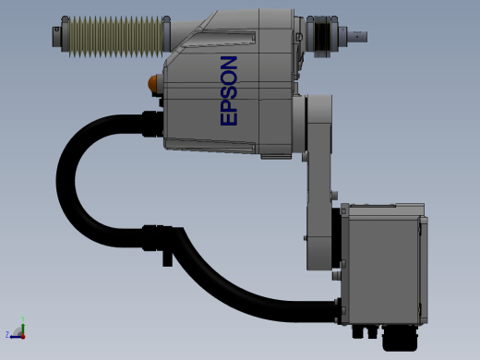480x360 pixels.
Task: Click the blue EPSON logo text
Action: [229, 90]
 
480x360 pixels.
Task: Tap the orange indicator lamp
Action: [152, 83]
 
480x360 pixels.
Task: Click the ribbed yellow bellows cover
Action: [115, 37]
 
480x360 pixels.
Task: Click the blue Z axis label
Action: [7, 334]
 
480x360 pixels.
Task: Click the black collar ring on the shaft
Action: [322, 36]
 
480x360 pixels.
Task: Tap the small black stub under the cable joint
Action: [167, 259]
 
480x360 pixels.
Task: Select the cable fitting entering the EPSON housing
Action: [152, 124]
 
